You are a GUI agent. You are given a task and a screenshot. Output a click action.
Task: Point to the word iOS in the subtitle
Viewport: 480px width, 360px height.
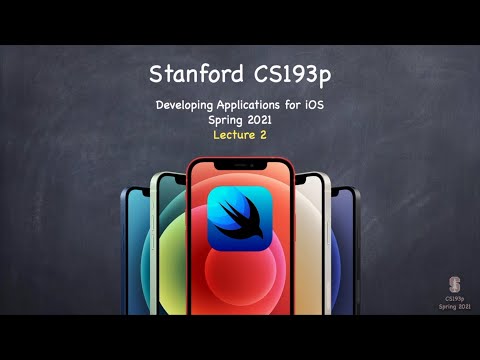point(312,105)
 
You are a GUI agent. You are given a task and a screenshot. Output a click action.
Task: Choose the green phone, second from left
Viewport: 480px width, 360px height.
point(166,245)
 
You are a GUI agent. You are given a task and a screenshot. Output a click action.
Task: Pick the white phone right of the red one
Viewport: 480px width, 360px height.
point(313,245)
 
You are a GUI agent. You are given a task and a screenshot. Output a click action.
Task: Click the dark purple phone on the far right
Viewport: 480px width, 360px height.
point(345,250)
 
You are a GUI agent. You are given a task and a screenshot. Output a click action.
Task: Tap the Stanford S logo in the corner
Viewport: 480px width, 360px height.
point(454,282)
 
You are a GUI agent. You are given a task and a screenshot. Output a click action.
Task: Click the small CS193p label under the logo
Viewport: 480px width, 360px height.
point(454,297)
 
